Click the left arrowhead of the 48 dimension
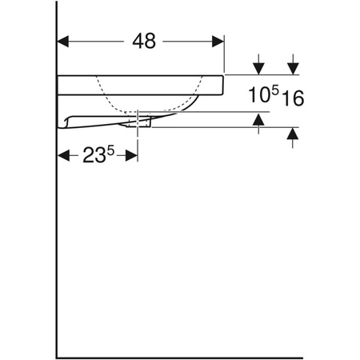[x=65, y=40]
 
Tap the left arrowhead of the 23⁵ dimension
[x=64, y=156]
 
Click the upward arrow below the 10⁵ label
[x=258, y=119]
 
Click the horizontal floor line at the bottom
[x=180, y=357]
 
